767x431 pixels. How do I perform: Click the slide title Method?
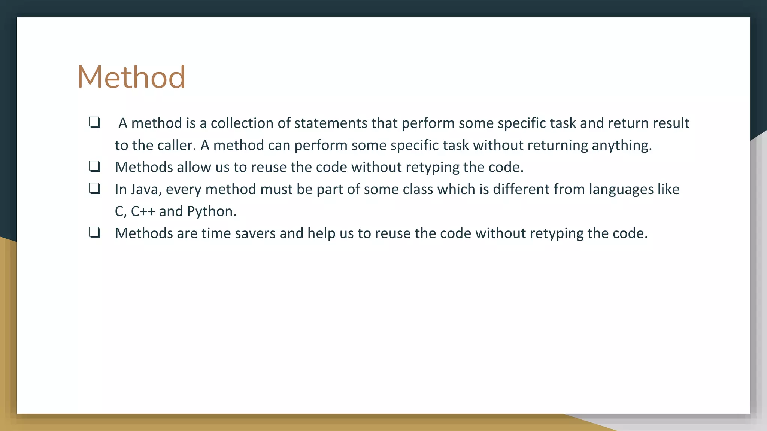point(131,77)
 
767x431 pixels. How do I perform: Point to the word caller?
point(177,145)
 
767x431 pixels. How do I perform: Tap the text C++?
point(143,211)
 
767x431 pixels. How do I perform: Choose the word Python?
point(212,212)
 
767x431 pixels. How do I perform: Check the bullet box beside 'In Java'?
point(95,189)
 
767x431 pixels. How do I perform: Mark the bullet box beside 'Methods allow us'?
point(95,166)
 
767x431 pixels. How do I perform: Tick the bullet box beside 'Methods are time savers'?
point(95,233)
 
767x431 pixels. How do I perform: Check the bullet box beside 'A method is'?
point(95,122)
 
